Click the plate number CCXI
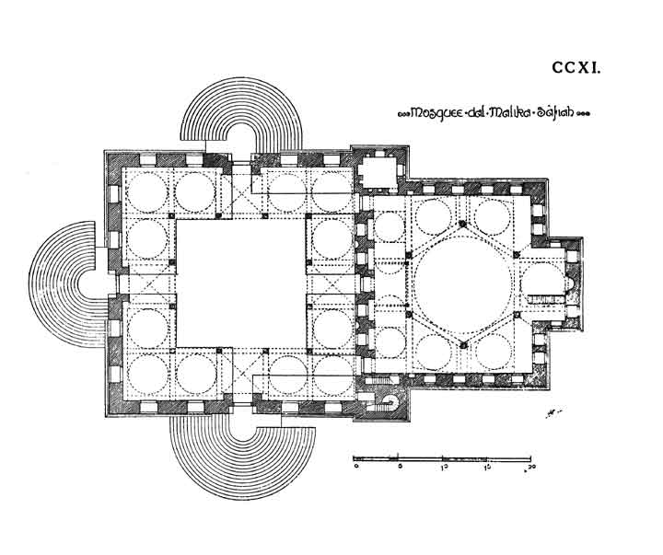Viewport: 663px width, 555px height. [x=576, y=67]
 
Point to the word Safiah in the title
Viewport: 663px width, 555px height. [x=553, y=114]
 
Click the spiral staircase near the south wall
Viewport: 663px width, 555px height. [x=390, y=399]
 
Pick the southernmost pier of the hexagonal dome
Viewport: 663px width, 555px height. [x=463, y=343]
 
